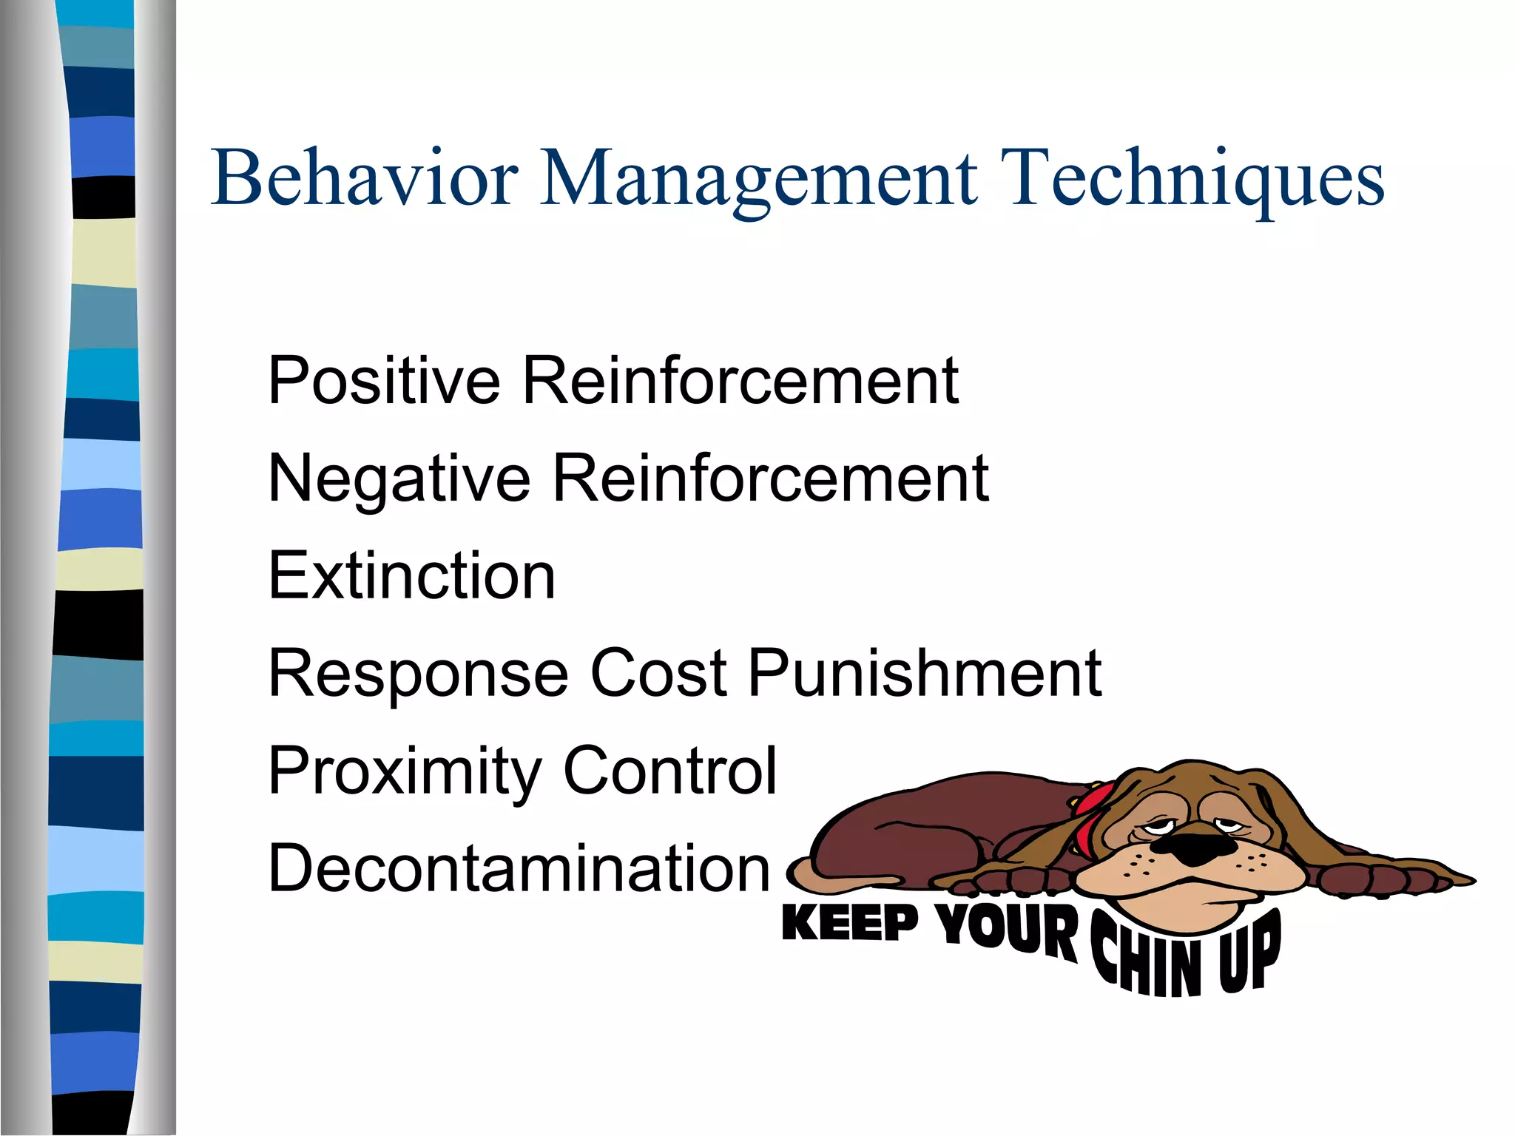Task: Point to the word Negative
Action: [399, 479]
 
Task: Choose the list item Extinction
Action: [411, 576]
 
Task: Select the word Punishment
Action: [925, 673]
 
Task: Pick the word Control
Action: [670, 771]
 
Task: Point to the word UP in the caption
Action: [1250, 950]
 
